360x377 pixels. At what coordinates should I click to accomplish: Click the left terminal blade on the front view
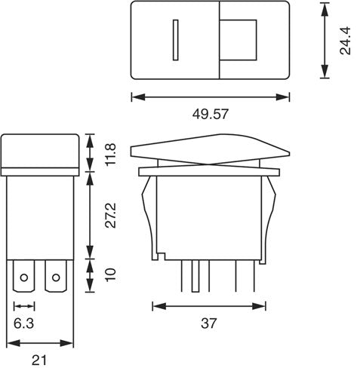coord(25,278)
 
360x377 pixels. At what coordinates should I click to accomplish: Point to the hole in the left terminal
coord(25,278)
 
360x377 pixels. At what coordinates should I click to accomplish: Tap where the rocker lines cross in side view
coord(211,162)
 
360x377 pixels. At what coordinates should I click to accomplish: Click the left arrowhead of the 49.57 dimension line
coord(134,97)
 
